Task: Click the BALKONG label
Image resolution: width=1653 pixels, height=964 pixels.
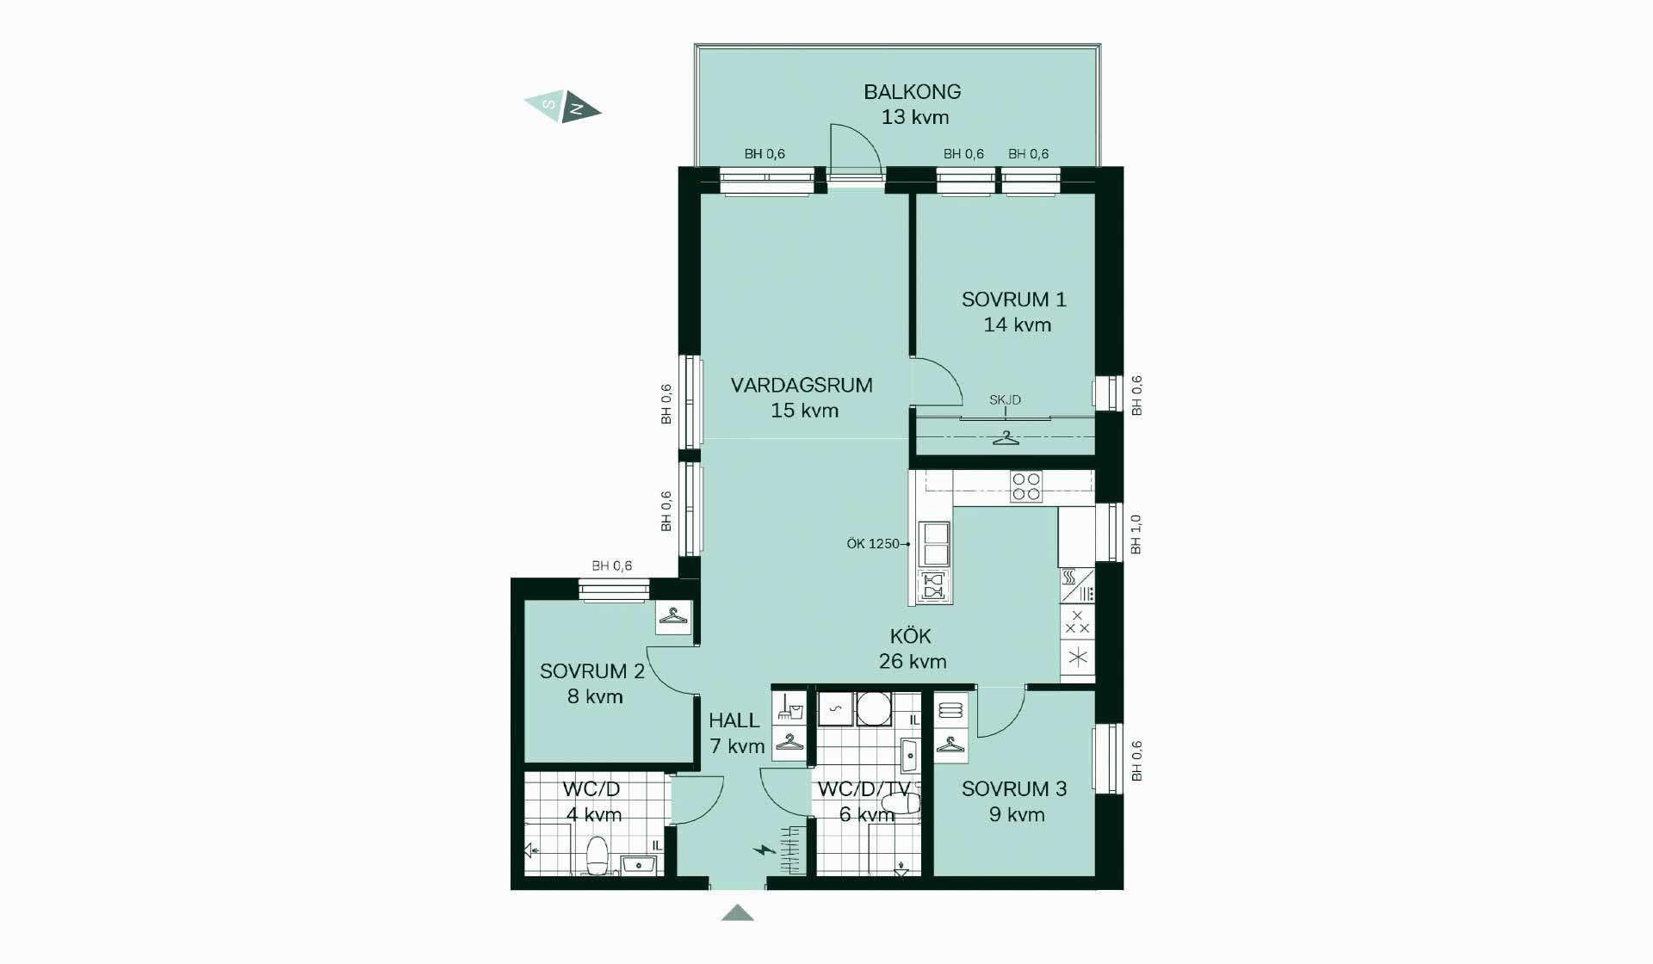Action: (x=913, y=91)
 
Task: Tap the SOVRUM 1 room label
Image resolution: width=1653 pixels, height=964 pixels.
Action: (x=1014, y=300)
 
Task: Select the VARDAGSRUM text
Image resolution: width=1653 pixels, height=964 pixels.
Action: (x=802, y=385)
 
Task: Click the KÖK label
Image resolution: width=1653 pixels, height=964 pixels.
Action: (x=911, y=635)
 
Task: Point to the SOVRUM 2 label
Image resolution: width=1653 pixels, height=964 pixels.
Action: (x=592, y=671)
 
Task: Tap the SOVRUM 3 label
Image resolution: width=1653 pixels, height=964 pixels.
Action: (x=1014, y=788)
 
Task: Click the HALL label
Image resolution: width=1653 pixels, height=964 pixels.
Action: (x=734, y=720)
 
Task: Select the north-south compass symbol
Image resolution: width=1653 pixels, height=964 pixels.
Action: (x=563, y=107)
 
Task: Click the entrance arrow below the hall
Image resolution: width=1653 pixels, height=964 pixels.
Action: (x=738, y=913)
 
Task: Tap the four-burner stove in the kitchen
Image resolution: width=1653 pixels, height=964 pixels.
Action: (x=1026, y=486)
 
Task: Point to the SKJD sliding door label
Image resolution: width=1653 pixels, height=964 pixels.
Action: (x=1005, y=400)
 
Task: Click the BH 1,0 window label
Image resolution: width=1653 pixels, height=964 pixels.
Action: (x=1136, y=535)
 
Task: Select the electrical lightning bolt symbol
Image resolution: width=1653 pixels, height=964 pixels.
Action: (x=764, y=850)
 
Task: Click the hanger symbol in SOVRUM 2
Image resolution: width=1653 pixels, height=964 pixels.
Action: (x=673, y=617)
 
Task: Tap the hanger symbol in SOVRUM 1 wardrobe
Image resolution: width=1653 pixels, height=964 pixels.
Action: (x=1006, y=438)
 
